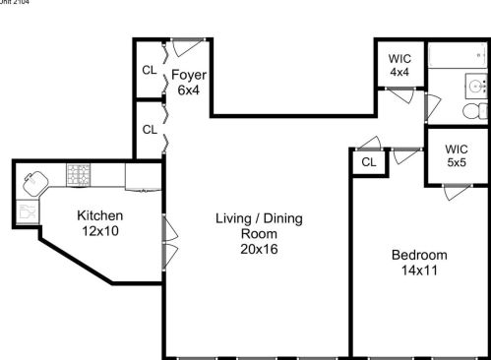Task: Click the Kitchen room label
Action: (100, 215)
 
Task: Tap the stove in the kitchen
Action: (79, 174)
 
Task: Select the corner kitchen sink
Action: (36, 180)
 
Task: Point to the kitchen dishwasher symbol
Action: (28, 210)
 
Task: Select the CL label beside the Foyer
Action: (149, 70)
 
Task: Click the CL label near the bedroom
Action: (369, 162)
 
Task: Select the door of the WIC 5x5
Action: (456, 190)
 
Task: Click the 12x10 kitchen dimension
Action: (100, 231)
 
